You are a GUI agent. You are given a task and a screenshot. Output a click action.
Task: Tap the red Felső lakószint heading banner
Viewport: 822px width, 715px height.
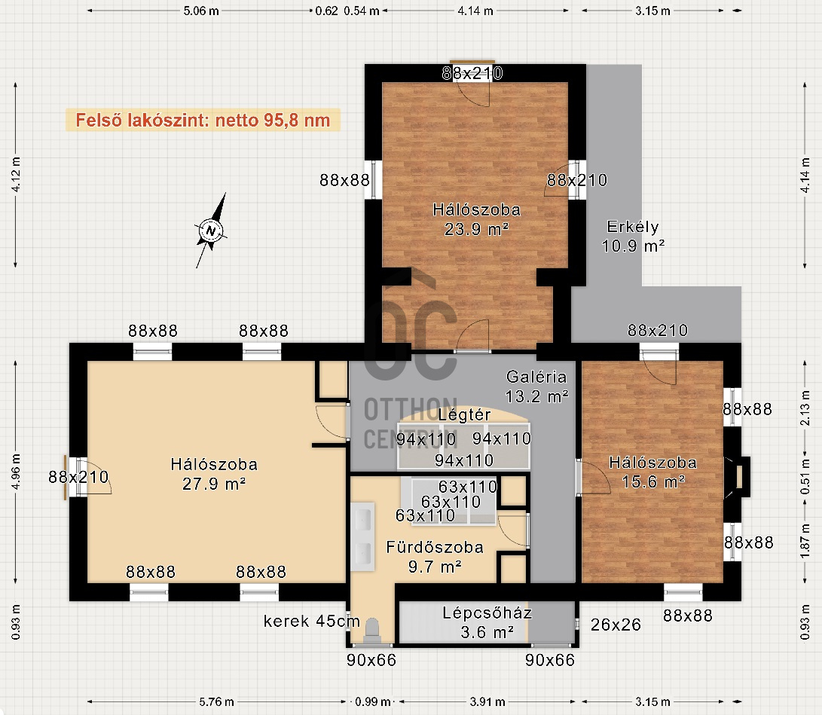pyautogui.click(x=203, y=120)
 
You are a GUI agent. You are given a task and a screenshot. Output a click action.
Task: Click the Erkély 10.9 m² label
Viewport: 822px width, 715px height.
pyautogui.click(x=633, y=236)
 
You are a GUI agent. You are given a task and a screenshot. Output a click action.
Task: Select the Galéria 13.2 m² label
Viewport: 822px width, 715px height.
pyautogui.click(x=536, y=385)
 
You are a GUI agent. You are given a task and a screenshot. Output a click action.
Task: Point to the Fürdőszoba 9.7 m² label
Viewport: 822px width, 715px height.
pyautogui.click(x=435, y=556)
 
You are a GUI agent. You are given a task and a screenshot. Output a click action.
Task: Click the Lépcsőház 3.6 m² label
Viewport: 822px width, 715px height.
pyautogui.click(x=487, y=622)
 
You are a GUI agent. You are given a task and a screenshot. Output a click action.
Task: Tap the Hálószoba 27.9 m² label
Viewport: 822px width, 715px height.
pyautogui.click(x=214, y=474)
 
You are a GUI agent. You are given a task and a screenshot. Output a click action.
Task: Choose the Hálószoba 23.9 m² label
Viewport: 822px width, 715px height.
pyautogui.click(x=476, y=218)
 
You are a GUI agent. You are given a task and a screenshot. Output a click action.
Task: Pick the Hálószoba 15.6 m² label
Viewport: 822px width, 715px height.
pyautogui.click(x=652, y=471)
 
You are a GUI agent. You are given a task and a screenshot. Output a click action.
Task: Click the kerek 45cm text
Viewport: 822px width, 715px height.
pyautogui.click(x=312, y=622)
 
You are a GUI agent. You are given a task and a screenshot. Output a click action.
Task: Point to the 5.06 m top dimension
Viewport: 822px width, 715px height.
pyautogui.click(x=201, y=11)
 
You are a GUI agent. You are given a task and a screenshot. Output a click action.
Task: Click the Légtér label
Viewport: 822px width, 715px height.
pyautogui.click(x=464, y=415)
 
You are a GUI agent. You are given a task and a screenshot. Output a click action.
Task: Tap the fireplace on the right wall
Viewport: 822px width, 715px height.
pyautogui.click(x=741, y=477)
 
